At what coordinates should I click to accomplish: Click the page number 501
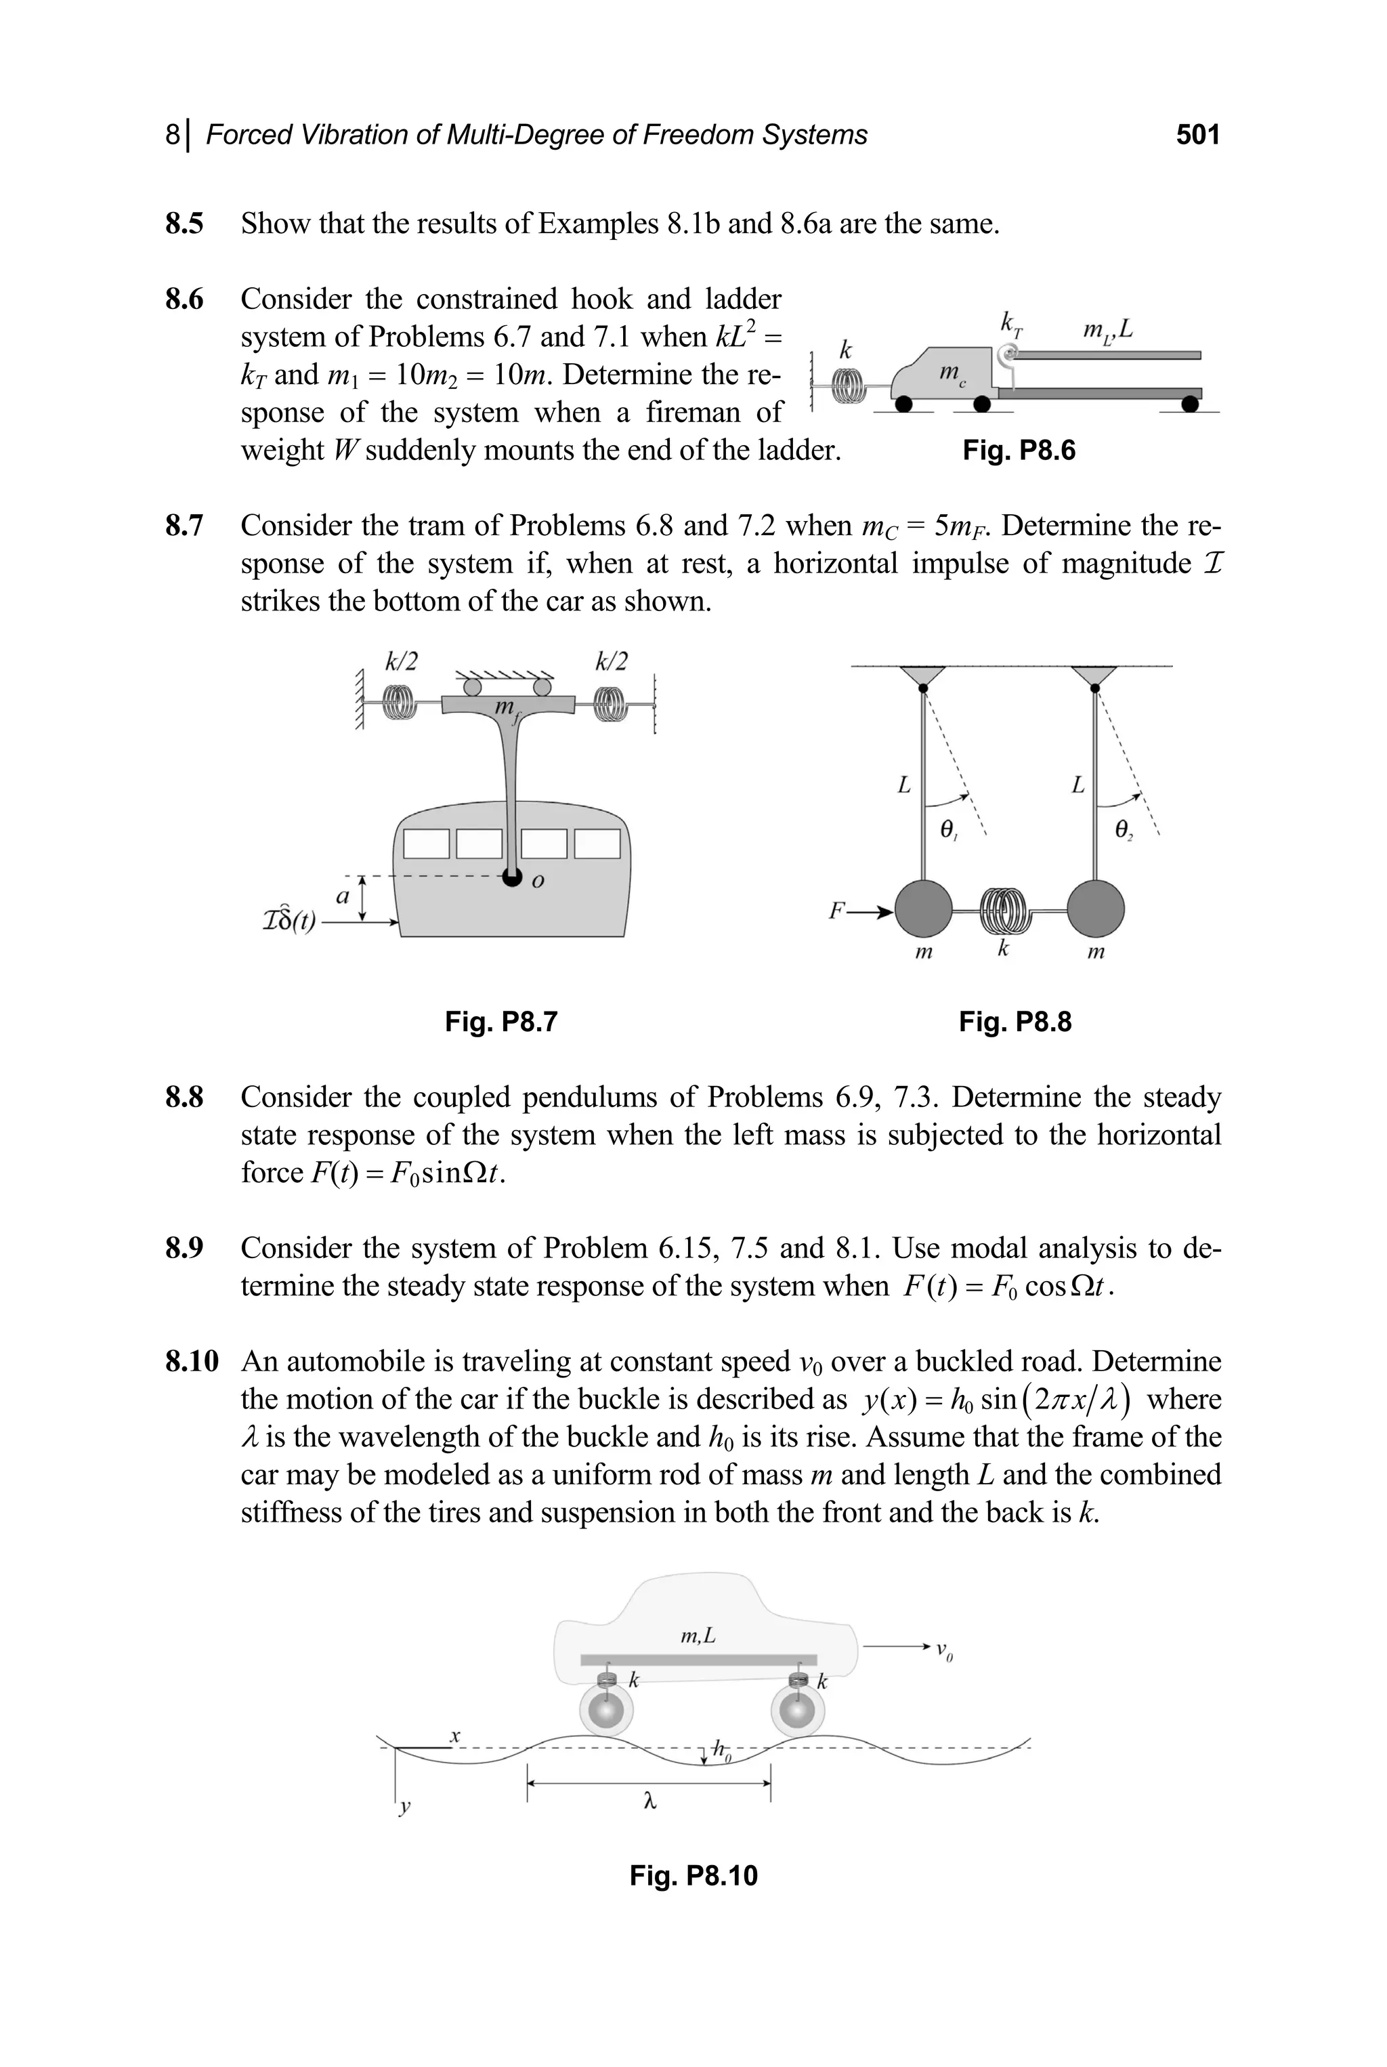(1197, 135)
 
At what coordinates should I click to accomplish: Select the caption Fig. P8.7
(500, 1022)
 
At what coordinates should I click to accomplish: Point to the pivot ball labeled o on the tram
(511, 877)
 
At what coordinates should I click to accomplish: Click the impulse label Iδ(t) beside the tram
(289, 921)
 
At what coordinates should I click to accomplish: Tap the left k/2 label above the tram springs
(401, 660)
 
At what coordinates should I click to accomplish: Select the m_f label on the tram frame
(505, 709)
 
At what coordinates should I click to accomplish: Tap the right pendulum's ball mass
(1096, 909)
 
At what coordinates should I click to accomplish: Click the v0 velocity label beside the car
(944, 1650)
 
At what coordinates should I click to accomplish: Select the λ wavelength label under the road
(649, 1801)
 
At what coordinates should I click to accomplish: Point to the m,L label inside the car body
(698, 1637)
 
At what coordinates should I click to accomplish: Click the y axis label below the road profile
(404, 1807)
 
